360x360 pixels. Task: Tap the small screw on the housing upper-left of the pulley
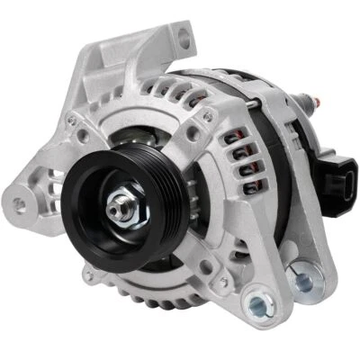[x=83, y=136]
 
